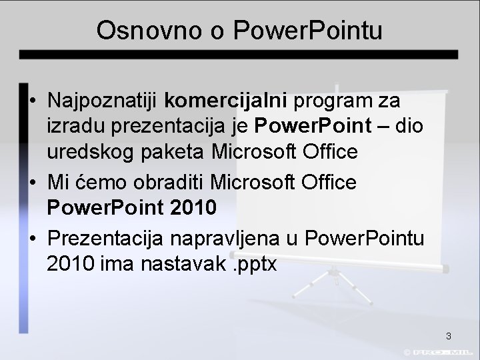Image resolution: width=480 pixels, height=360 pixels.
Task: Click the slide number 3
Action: pos(448,335)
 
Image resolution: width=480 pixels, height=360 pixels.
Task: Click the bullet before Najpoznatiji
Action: pos(33,101)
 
